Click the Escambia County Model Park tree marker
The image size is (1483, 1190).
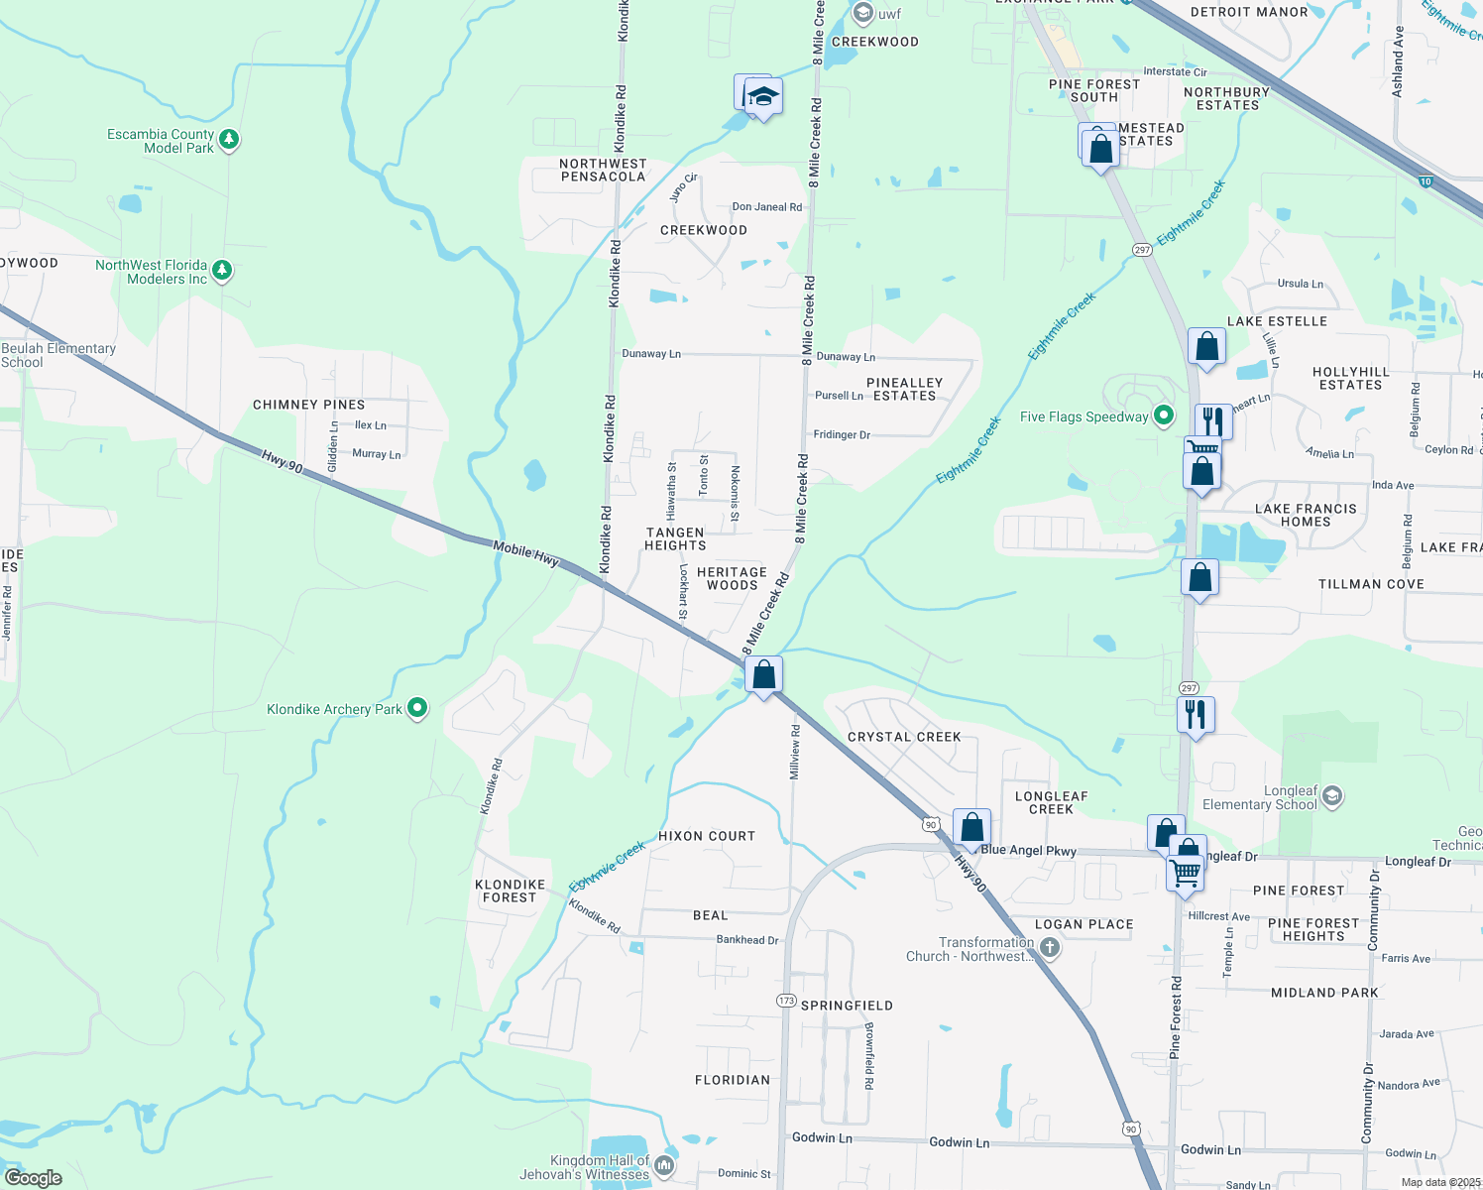pos(229,139)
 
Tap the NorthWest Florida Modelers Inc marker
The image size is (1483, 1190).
pos(222,270)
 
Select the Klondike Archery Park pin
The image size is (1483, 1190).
pos(417,708)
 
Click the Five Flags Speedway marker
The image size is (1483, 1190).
pos(1164,416)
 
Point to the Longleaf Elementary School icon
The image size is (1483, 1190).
pos(1332,796)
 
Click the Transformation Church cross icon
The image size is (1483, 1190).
pos(1050,948)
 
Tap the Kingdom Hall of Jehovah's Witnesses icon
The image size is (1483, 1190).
pos(664,1165)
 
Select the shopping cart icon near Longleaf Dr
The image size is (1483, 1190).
pos(1185,874)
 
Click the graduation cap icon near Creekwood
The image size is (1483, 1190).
pos(762,97)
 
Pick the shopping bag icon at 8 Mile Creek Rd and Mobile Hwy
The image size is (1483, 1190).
pos(763,675)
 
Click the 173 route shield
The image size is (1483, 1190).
pos(786,1001)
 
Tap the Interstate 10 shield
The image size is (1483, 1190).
pos(1426,181)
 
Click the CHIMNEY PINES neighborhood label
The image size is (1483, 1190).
pos(308,405)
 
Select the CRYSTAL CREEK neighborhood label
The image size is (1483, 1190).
pos(904,737)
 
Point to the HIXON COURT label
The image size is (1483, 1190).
pos(707,836)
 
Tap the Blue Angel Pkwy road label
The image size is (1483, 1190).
pos(1028,850)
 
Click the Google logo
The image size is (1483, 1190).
pos(34,1177)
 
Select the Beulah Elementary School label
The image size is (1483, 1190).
pos(58,355)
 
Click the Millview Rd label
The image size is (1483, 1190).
pos(794,752)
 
